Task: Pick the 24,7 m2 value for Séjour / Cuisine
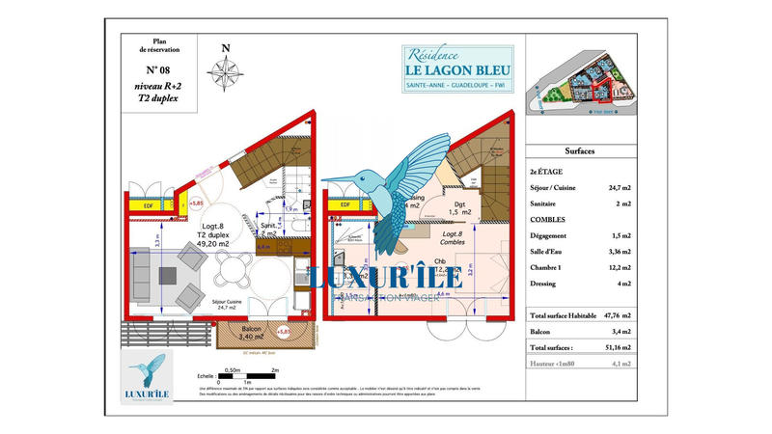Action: [617, 188]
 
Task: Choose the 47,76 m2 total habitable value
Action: [617, 315]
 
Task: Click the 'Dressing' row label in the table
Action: [545, 284]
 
